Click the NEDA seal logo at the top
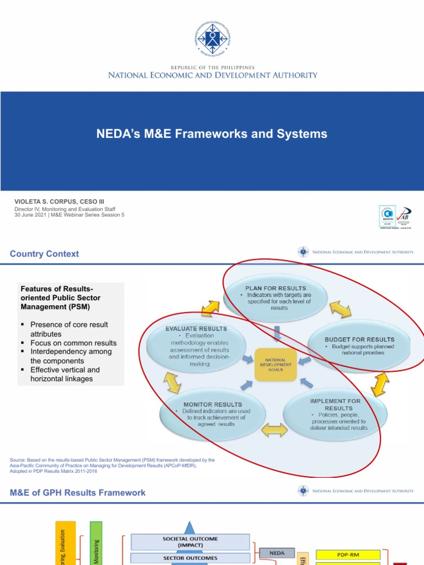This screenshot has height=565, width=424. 212,39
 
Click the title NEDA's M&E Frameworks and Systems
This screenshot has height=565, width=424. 212,134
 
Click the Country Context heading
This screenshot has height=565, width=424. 44,254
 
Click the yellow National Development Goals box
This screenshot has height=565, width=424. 275,365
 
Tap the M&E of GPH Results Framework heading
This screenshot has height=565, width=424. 78,493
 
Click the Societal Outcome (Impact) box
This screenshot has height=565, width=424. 190,542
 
